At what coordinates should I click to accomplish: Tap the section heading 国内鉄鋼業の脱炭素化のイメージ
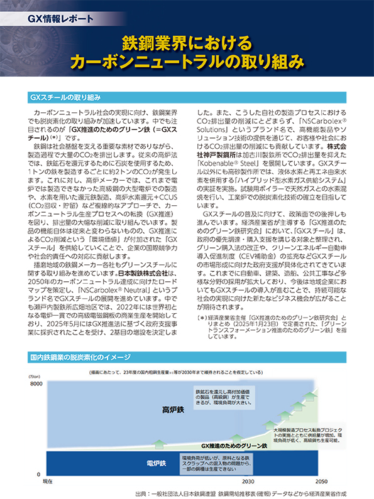(x=87, y=358)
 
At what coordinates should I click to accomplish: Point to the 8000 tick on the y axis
(x=33, y=383)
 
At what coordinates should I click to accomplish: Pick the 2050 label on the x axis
(x=321, y=481)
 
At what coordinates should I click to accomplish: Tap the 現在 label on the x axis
(x=47, y=481)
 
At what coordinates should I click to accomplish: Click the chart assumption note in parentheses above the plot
(x=189, y=372)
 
